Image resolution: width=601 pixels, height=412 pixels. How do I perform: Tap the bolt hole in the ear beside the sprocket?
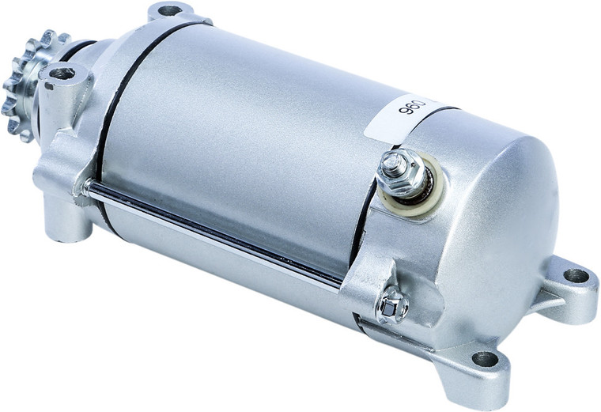pyautogui.click(x=62, y=74)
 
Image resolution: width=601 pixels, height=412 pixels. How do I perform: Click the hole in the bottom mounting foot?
pyautogui.click(x=485, y=359)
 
